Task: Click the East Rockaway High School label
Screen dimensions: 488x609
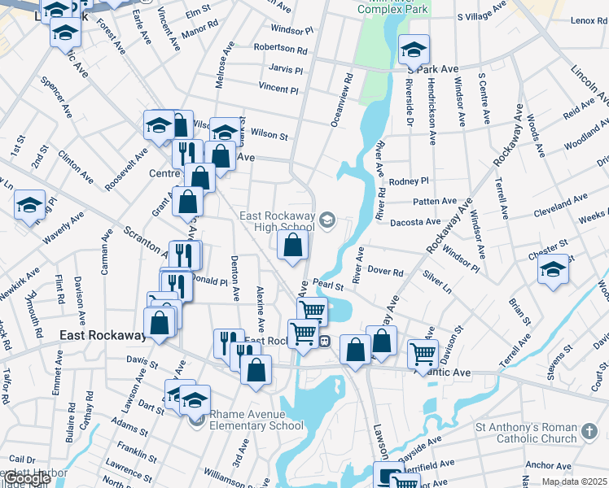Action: coord(276,221)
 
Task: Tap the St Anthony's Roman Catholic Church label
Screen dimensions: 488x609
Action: coord(527,431)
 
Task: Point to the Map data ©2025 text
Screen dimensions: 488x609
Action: coord(576,481)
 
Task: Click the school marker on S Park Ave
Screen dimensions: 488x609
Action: coord(413,50)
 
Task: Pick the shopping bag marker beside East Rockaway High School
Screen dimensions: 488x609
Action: coord(292,243)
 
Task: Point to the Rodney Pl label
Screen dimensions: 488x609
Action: coord(409,181)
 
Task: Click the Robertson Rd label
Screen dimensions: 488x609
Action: coord(279,49)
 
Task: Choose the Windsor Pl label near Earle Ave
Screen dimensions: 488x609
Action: coord(292,30)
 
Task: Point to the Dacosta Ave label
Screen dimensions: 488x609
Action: coord(415,221)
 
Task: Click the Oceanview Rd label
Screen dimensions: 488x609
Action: coord(341,100)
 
